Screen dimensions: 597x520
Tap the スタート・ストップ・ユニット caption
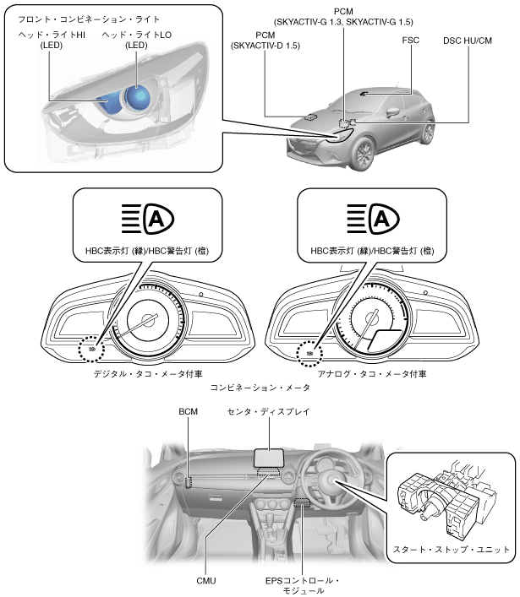tap(452, 549)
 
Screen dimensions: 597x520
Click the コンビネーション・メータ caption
tap(260, 388)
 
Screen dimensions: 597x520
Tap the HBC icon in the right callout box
tap(371, 220)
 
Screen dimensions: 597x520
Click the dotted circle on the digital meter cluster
tap(89, 345)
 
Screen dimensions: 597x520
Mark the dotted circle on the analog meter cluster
tap(309, 352)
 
